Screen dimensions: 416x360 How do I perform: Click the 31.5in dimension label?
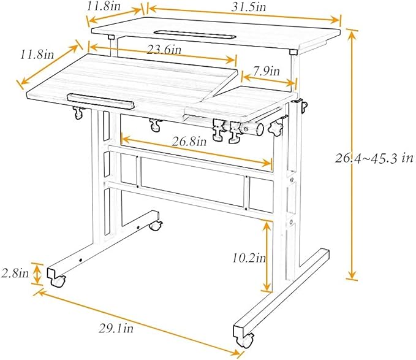pyautogui.click(x=249, y=7)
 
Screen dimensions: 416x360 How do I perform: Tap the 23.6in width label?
pyautogui.click(x=164, y=50)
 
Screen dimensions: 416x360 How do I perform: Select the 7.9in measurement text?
pyautogui.click(x=267, y=71)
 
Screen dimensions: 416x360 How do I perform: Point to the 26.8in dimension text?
pyautogui.click(x=189, y=141)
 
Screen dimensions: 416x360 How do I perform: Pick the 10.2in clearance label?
pyautogui.click(x=249, y=258)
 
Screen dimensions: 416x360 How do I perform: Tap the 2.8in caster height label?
pyautogui.click(x=15, y=273)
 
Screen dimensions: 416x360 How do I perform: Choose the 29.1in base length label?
pyautogui.click(x=116, y=329)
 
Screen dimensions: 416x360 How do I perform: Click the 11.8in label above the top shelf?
pyautogui.click(x=104, y=6)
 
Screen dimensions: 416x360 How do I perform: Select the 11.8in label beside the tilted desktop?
pyautogui.click(x=37, y=55)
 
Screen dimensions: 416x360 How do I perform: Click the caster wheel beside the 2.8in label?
pyautogui.click(x=59, y=281)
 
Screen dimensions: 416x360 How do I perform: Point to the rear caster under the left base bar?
pyautogui.click(x=156, y=226)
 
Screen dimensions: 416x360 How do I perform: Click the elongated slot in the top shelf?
pyautogui.click(x=195, y=34)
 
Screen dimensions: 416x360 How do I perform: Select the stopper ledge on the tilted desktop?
pyautogui.click(x=100, y=101)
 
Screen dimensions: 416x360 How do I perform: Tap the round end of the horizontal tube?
pyautogui.click(x=260, y=129)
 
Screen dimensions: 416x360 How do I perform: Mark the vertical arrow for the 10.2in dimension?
pyautogui.click(x=267, y=256)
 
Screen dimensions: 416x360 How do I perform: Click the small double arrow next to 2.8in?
pyautogui.click(x=37, y=274)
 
